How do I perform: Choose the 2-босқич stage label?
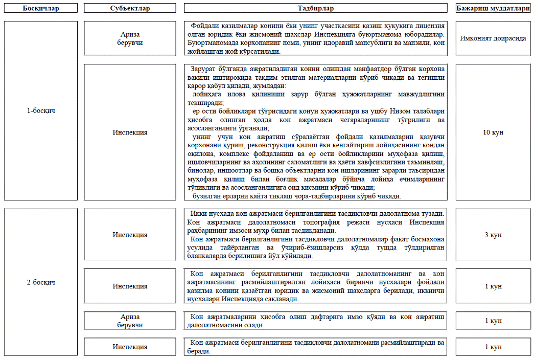point(41,282)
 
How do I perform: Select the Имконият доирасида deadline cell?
point(493,38)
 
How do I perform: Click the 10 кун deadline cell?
point(493,132)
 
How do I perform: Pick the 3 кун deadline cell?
point(493,235)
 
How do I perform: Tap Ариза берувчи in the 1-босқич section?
point(130,38)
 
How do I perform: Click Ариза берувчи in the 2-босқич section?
point(130,321)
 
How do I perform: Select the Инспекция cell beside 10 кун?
point(130,132)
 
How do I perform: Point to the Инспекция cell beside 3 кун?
point(130,235)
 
